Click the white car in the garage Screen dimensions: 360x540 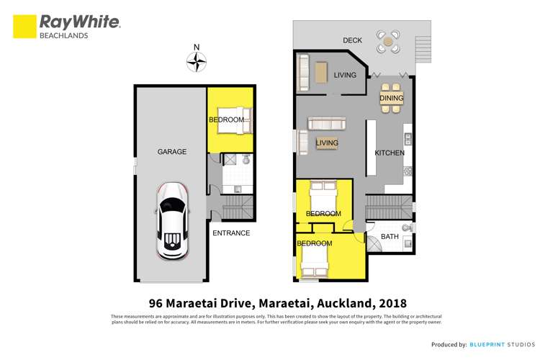pos(173,221)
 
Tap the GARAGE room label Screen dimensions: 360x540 pos(172,152)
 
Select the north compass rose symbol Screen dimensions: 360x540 pos(196,63)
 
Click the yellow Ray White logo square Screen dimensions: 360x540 pos(24,27)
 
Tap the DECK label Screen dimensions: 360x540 pos(352,40)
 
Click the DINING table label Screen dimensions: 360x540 pos(392,99)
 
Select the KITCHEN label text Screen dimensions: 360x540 pos(390,153)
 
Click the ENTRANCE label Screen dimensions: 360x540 pos(231,233)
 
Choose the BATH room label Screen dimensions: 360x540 pos(390,236)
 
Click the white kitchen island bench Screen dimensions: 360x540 pos(371,148)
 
